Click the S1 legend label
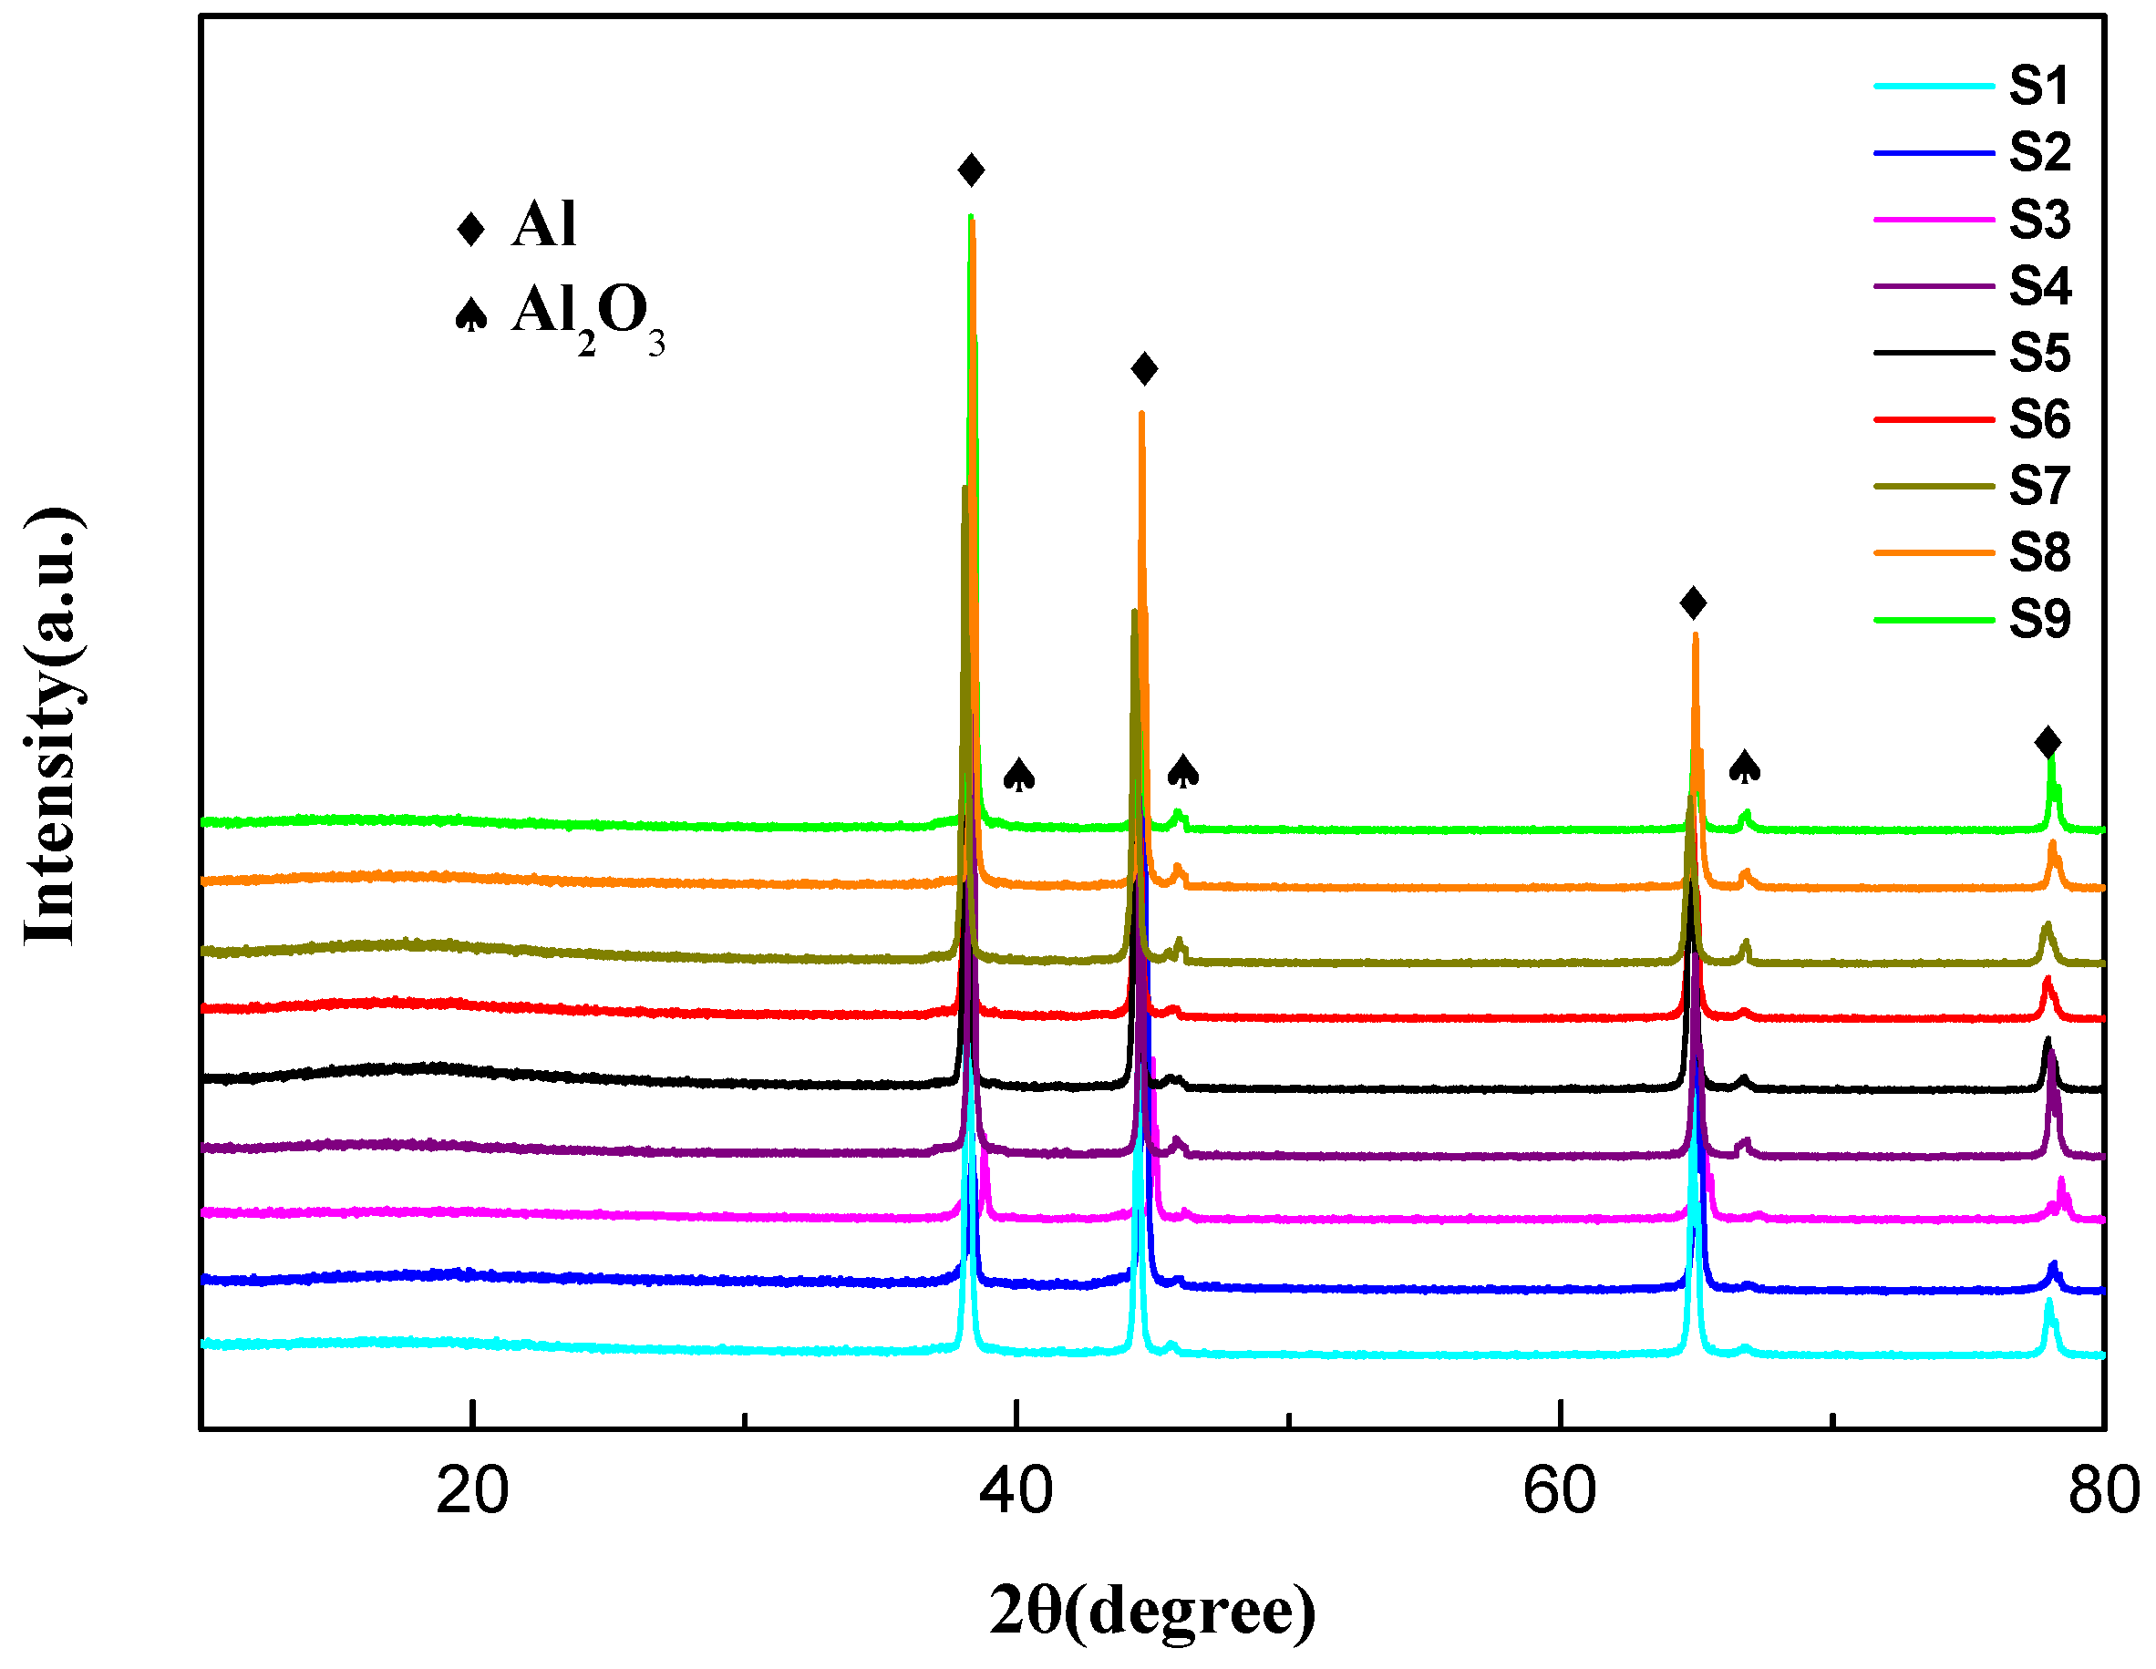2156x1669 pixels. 2038,86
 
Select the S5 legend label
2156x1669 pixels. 2038,353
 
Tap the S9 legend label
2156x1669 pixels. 2038,620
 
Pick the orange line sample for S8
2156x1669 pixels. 1933,552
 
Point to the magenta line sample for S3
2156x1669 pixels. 1933,219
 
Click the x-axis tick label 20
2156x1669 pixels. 472,1491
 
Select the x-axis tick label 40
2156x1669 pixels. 1016,1491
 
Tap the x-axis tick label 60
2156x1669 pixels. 1559,1491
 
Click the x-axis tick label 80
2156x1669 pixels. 2103,1491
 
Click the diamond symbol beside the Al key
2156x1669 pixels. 471,229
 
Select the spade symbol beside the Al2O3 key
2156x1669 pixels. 471,314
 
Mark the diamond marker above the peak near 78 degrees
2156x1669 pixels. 2048,742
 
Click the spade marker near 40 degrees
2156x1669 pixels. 1019,775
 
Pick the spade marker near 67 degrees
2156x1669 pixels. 1744,767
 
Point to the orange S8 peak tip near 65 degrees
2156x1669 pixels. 1695,636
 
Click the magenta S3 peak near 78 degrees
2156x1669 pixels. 2061,1183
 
